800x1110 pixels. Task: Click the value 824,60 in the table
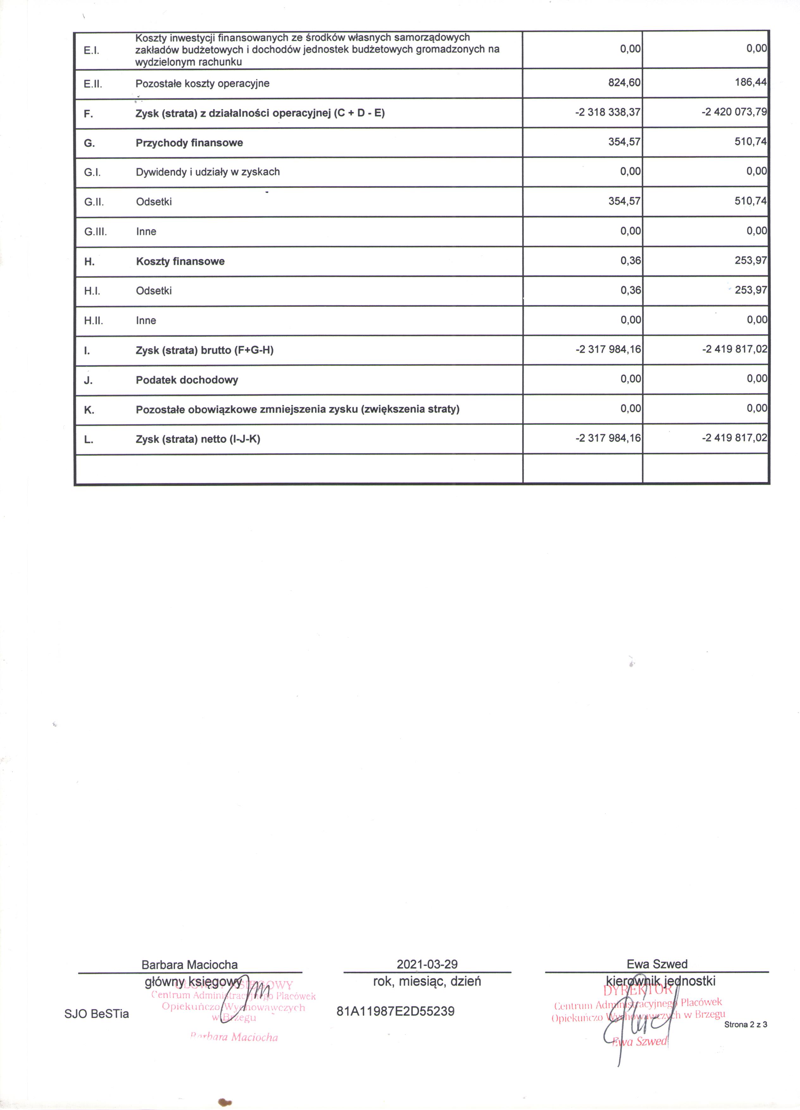coord(624,83)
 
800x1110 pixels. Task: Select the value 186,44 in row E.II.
coord(751,82)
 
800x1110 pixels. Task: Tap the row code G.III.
coord(96,231)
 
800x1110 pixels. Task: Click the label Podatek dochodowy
coord(187,380)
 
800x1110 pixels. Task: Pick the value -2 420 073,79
coord(734,112)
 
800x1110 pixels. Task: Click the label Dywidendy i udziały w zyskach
coord(208,172)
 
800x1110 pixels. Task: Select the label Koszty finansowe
coord(180,261)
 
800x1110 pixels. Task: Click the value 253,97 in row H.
coord(751,260)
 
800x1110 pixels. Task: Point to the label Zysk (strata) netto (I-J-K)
coord(198,439)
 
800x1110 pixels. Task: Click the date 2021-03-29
coord(427,964)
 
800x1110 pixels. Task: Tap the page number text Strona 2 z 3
coord(746,1024)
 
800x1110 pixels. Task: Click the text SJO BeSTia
coord(97,1013)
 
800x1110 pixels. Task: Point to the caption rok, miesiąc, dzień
coord(427,981)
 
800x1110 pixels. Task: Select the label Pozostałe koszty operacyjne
coord(203,83)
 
